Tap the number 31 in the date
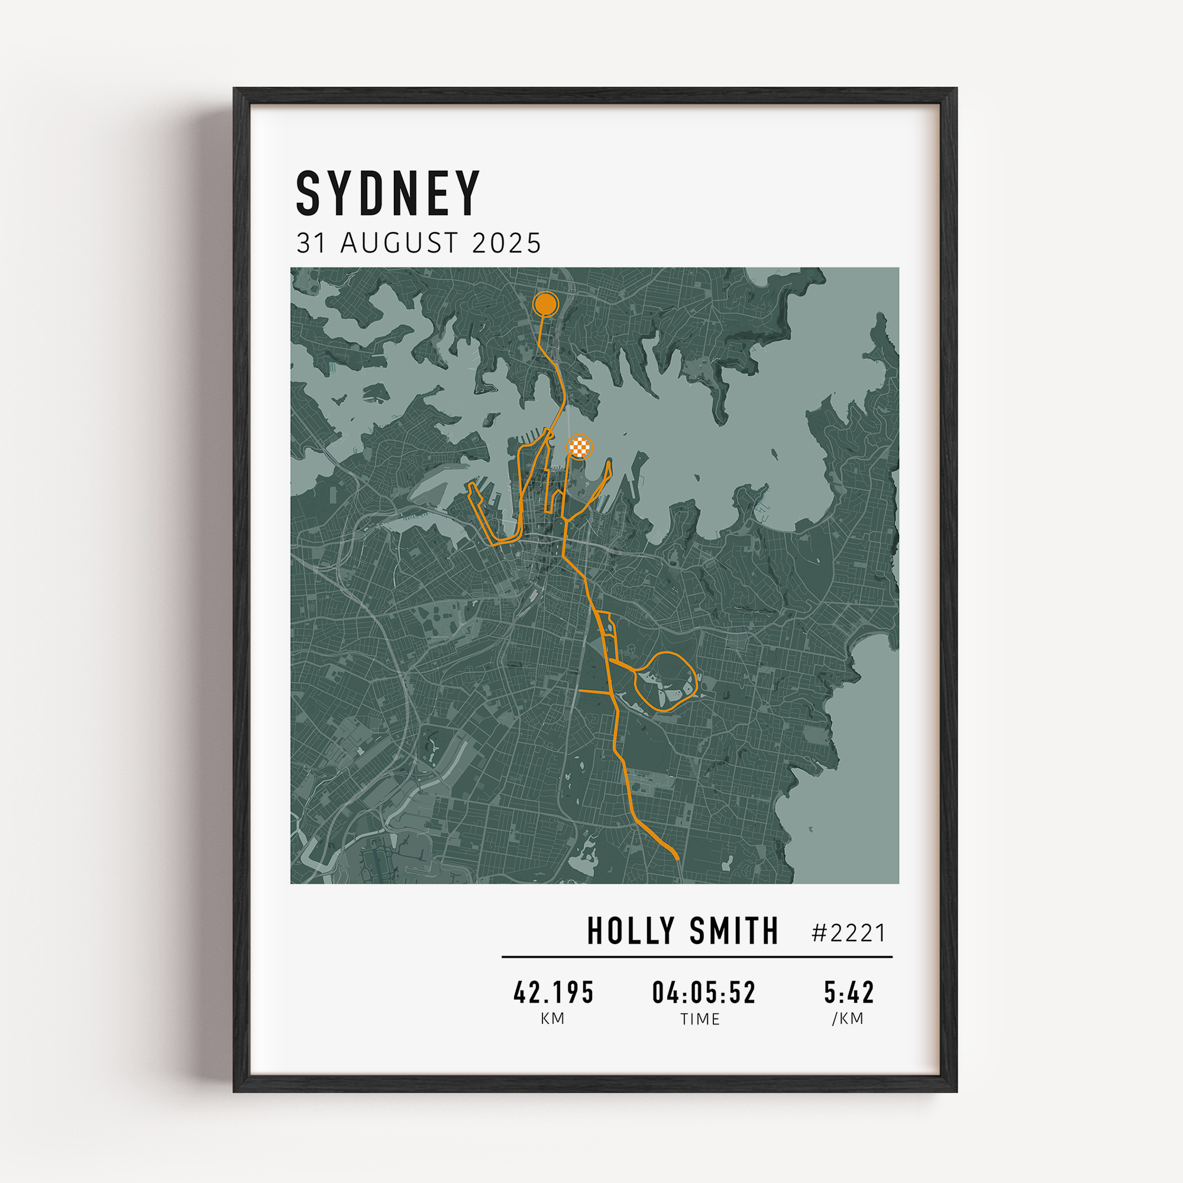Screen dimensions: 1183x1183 click(x=311, y=243)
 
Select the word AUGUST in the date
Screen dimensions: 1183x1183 click(x=399, y=243)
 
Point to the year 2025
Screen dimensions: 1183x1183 click(x=506, y=243)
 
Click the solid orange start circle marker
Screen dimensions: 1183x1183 click(x=545, y=303)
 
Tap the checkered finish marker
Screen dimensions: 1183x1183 click(x=580, y=447)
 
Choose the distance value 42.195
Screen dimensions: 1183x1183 click(x=554, y=993)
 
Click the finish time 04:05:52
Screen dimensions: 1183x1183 click(x=704, y=993)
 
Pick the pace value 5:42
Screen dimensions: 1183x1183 click(x=849, y=993)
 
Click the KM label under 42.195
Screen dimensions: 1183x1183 click(x=553, y=1019)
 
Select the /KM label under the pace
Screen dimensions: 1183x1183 click(x=848, y=1019)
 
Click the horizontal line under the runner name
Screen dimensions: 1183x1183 click(x=697, y=956)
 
